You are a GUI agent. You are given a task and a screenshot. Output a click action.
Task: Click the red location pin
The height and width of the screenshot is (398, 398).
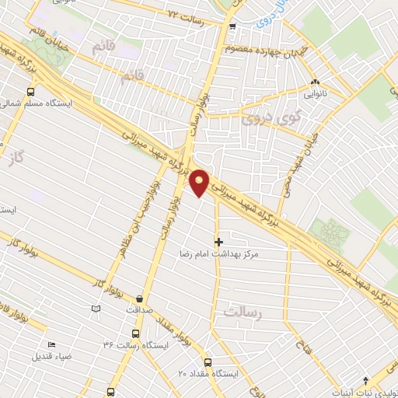[x=200, y=181]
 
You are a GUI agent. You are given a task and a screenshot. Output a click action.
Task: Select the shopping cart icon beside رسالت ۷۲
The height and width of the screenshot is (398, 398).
[x=232, y=26]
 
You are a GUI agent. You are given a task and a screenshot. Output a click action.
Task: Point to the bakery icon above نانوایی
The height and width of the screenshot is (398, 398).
[x=315, y=82]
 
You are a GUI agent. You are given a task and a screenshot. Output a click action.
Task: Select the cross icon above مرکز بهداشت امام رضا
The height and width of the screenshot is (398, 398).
[x=218, y=243]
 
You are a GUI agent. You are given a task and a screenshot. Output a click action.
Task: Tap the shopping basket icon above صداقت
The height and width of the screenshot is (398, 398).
[x=139, y=298]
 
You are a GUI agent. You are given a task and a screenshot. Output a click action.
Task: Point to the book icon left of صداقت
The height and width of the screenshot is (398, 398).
[x=96, y=309]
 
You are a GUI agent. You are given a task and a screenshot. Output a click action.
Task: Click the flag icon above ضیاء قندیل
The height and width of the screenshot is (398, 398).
[x=51, y=345]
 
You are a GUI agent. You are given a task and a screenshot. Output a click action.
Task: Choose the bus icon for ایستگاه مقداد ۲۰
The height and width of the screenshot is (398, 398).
[x=208, y=362]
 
